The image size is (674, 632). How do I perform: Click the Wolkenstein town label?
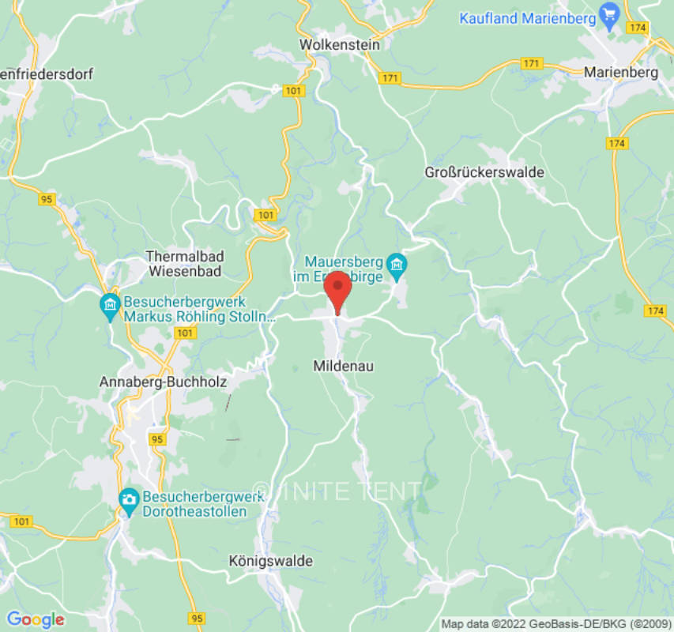pos(339,45)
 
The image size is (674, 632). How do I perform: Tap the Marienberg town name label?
pos(620,72)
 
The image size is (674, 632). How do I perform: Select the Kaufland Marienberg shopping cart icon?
pos(608,14)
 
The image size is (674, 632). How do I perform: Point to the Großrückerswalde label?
pos(484,172)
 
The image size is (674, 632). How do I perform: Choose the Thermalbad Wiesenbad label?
pos(185,264)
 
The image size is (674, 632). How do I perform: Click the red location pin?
pos(338,289)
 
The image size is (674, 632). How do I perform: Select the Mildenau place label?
pos(343,366)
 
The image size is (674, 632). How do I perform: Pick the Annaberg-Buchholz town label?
pos(164,382)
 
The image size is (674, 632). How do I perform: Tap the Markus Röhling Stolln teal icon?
pos(110,303)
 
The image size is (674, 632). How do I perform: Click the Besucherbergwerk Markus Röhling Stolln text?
pos(200,310)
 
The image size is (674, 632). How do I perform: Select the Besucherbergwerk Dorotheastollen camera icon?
pos(128,499)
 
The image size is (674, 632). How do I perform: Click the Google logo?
pos(35,620)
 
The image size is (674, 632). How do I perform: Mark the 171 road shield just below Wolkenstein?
pos(390,77)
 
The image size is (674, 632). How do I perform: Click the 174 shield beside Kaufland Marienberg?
pos(637,28)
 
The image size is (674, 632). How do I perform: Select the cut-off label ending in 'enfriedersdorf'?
pos(47,74)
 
